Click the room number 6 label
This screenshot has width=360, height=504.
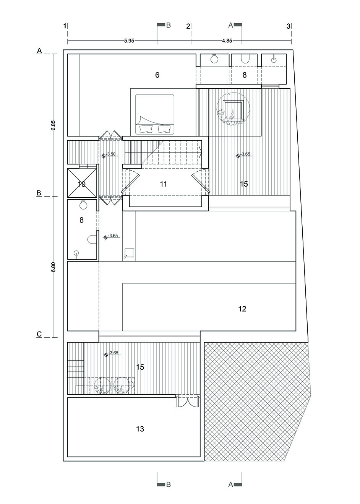pyautogui.click(x=157, y=75)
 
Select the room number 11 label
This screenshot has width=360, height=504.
pyautogui.click(x=164, y=184)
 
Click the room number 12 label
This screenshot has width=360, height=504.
pyautogui.click(x=242, y=309)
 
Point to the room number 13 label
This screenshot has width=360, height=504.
pyautogui.click(x=140, y=429)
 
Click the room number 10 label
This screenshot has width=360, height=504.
pyautogui.click(x=81, y=184)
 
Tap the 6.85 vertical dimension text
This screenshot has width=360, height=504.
pyautogui.click(x=54, y=126)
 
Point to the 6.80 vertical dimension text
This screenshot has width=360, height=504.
pyautogui.click(x=54, y=267)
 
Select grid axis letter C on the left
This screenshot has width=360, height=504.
pyautogui.click(x=39, y=334)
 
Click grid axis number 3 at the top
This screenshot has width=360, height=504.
pyautogui.click(x=288, y=26)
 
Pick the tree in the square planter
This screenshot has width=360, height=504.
pyautogui.click(x=233, y=111)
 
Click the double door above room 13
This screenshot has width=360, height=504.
pyautogui.click(x=188, y=403)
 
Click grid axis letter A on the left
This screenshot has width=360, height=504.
pyautogui.click(x=39, y=50)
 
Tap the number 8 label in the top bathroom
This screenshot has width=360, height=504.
pyautogui.click(x=245, y=75)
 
